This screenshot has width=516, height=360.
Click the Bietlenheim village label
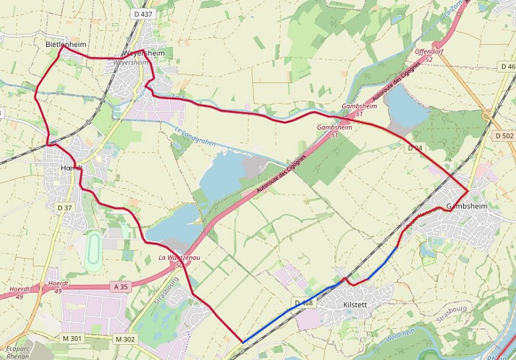click(x=66, y=44)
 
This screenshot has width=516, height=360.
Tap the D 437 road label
click(x=143, y=14)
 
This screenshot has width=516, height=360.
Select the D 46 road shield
click(x=507, y=67)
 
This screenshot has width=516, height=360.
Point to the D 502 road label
click(x=504, y=135)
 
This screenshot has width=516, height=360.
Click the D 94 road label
click(x=414, y=148)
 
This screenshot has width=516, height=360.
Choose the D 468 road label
click(x=304, y=302)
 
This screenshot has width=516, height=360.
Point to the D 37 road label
click(x=65, y=207)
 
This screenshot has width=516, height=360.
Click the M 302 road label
click(x=125, y=339)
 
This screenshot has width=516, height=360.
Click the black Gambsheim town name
click(x=467, y=206)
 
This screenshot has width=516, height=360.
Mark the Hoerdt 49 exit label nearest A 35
click(x=58, y=287)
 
